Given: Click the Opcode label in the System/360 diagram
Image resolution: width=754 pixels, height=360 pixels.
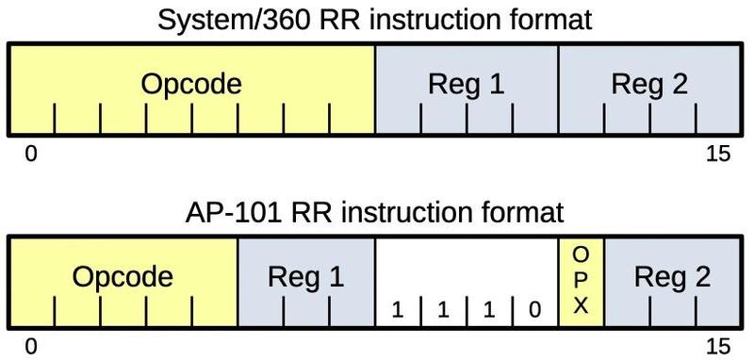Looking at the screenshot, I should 191,85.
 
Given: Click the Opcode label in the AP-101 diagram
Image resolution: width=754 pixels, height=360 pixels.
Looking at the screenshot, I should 123,278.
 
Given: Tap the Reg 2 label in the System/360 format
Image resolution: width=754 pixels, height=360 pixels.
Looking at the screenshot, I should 649,85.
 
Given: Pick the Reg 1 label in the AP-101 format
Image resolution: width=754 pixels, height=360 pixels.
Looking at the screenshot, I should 305,278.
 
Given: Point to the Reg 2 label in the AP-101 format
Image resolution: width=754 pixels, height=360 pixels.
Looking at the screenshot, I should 672,278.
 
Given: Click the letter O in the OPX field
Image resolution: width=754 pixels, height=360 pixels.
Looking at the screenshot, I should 581,254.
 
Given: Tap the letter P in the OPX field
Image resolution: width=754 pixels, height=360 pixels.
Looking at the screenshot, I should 581,280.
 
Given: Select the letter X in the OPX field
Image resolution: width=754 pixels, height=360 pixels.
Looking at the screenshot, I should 581,305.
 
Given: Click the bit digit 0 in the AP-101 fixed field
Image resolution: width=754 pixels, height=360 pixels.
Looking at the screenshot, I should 535,309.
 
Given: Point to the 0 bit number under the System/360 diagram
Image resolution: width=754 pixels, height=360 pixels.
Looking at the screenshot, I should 31,155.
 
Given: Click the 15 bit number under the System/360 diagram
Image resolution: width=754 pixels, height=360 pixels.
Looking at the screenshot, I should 717,155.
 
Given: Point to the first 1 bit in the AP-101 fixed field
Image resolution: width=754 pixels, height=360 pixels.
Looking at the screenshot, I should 398,309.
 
